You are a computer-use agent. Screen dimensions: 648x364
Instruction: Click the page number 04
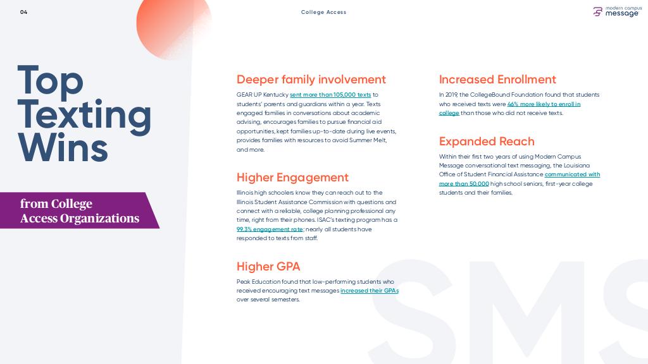23,12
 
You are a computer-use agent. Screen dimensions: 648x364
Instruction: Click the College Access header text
323,12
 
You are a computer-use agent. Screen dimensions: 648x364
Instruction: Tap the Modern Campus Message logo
616,11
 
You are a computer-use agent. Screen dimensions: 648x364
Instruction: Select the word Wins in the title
63,147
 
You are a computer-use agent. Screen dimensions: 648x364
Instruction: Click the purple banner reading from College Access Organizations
80,210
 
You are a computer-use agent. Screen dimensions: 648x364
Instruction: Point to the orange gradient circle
173,25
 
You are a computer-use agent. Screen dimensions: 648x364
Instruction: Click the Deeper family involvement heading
311,79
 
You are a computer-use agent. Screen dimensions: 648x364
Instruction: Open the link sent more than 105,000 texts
330,95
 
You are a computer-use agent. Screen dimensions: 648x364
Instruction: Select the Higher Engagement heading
292,178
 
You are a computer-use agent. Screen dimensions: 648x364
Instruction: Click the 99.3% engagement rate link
270,229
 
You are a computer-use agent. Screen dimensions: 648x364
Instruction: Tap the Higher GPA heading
268,267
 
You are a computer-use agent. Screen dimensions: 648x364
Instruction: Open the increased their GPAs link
370,291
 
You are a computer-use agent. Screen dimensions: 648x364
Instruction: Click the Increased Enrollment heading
497,79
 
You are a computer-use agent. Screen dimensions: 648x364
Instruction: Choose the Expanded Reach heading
487,141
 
